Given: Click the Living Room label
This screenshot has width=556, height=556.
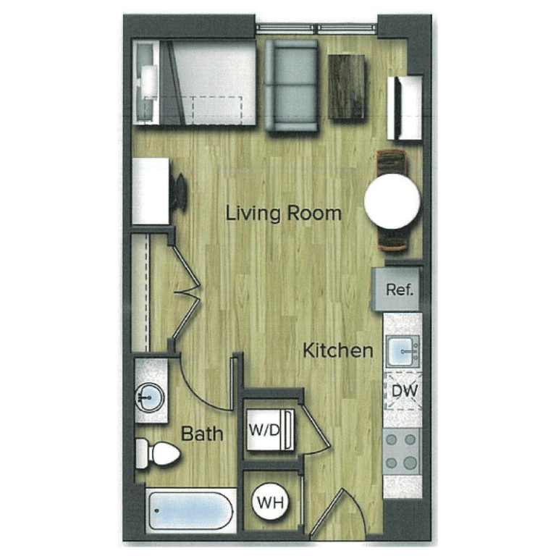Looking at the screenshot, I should click(x=283, y=214).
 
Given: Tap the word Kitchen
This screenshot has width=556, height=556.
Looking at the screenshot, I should click(x=337, y=351).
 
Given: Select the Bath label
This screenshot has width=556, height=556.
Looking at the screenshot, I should click(x=202, y=434).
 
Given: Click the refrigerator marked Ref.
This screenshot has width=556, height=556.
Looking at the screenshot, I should click(x=399, y=290).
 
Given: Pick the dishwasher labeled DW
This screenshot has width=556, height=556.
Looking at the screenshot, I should click(x=403, y=391).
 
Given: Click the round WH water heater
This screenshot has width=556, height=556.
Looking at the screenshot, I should click(x=271, y=501).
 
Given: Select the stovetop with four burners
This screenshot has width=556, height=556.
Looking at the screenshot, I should click(x=402, y=450).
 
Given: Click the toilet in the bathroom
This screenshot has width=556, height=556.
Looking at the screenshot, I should click(x=159, y=453).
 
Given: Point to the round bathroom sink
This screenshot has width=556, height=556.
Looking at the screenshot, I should click(x=150, y=397).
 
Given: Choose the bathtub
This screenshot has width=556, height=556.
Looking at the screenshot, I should click(x=190, y=511).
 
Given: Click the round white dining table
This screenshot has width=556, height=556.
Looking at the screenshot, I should click(x=392, y=201).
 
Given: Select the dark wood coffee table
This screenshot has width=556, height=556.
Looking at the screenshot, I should click(x=347, y=86).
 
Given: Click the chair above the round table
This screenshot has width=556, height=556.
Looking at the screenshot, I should click(x=392, y=161).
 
